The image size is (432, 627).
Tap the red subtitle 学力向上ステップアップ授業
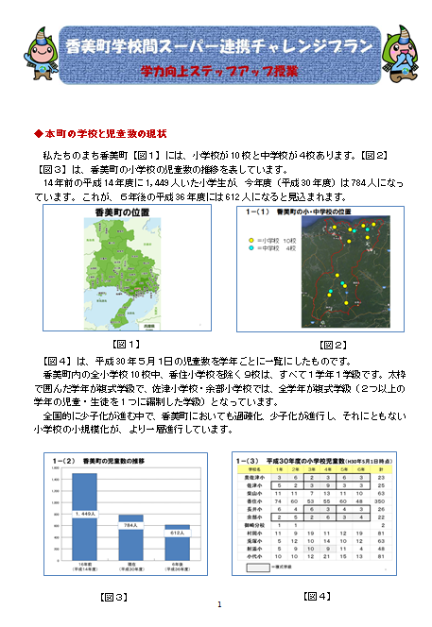tap(219, 71)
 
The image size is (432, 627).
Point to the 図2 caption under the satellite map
tap(332, 344)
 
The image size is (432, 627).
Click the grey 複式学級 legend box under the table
tap(252, 570)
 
